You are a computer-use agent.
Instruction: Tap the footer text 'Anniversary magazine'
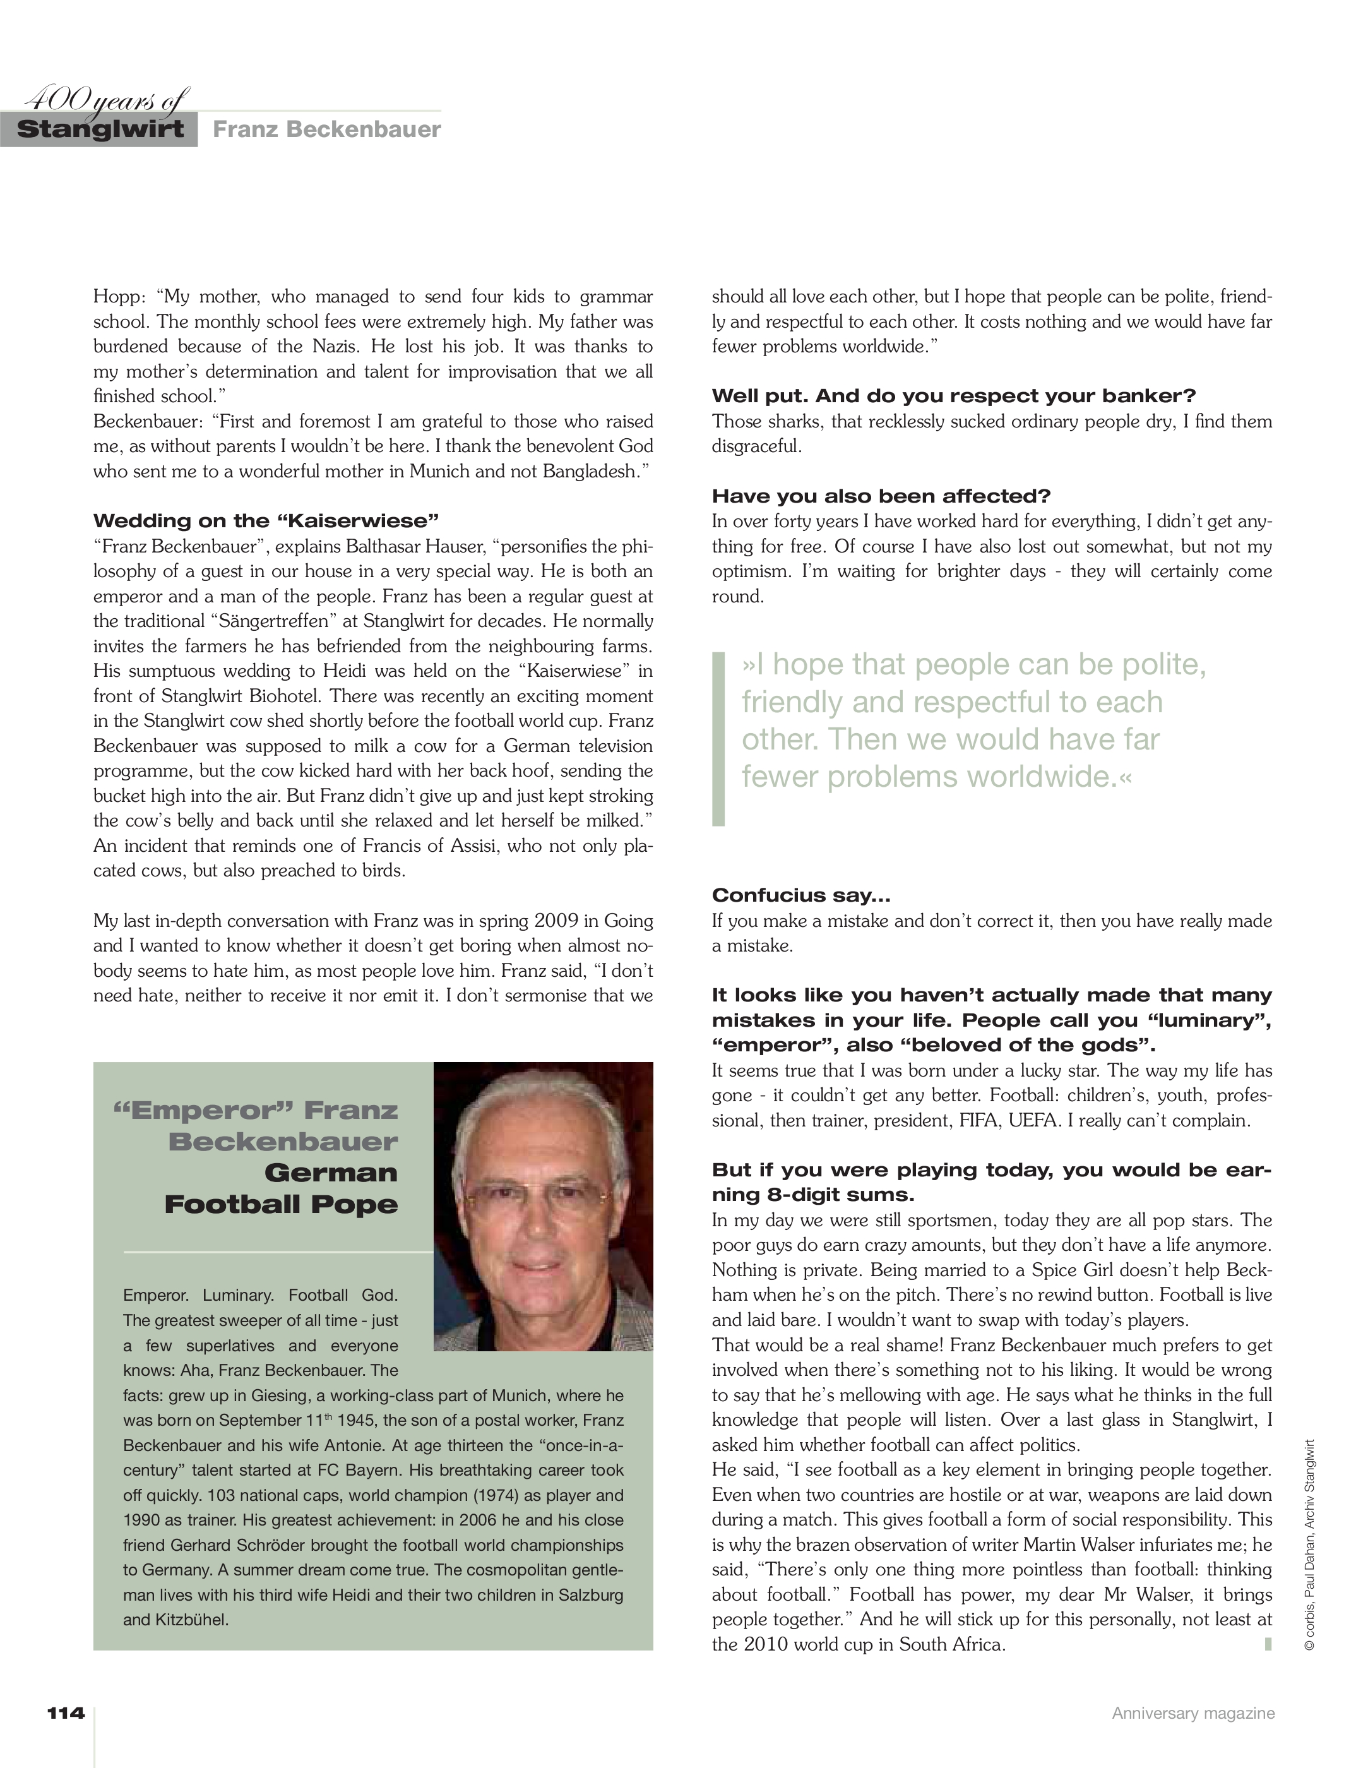[1193, 1713]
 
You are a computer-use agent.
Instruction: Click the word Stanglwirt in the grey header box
[100, 130]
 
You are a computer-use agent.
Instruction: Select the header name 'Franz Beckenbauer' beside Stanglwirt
[327, 130]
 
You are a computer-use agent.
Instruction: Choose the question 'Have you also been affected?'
[881, 496]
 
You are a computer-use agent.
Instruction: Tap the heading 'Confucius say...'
[800, 895]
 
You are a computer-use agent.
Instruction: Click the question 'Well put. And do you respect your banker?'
[953, 395]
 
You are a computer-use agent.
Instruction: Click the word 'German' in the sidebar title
[331, 1172]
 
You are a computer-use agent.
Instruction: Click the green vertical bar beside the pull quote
[718, 739]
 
